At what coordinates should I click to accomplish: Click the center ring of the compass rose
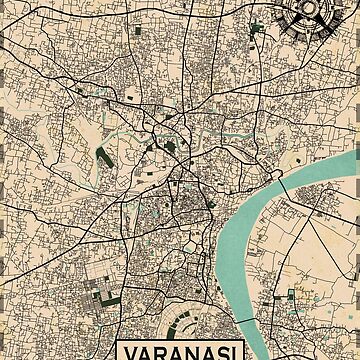[304, 12]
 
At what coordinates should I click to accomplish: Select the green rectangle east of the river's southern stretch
[293, 293]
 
